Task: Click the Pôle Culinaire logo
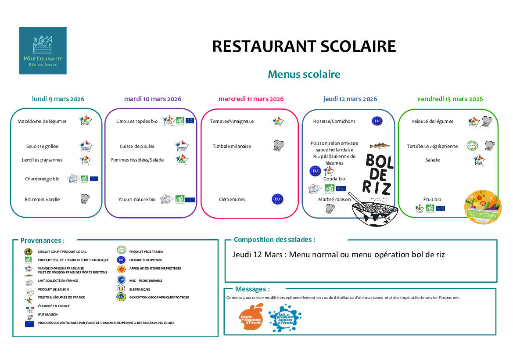pos(43,50)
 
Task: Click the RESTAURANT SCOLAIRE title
pos(304,46)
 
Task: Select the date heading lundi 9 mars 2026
pos(58,99)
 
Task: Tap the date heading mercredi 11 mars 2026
pos(251,99)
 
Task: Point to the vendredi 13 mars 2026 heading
pos(450,99)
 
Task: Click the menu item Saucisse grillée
pos(42,146)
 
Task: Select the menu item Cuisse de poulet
pos(137,146)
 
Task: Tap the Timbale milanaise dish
pos(232,146)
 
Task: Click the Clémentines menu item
pos(232,199)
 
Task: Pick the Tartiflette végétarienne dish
pos(432,146)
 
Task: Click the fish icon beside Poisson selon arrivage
pos(380,146)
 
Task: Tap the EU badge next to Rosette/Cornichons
pos(377,121)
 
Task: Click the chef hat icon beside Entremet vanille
pos(85,199)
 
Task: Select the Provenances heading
pos(42,241)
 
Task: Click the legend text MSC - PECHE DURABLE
pos(146,280)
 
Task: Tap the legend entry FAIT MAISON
pos(48,314)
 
